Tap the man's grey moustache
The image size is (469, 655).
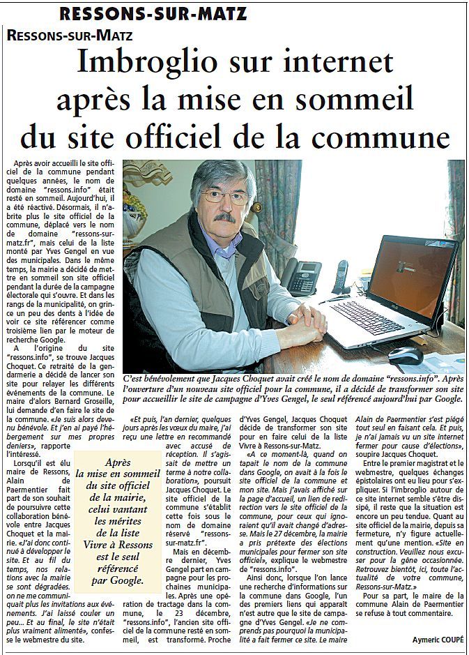coord(224,218)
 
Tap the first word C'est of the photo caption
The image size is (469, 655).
coord(137,377)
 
